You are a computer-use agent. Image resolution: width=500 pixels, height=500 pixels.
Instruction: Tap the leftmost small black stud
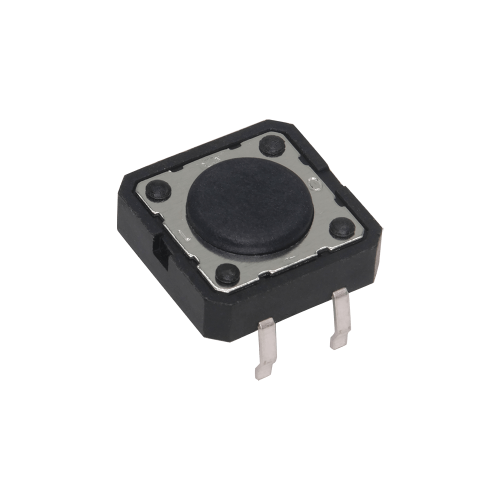tap(158, 190)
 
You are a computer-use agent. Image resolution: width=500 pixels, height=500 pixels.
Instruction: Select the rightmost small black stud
tap(342, 227)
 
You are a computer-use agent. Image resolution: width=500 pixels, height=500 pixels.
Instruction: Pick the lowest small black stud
tap(227, 273)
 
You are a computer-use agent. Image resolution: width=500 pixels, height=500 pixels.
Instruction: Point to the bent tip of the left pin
tap(261, 372)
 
